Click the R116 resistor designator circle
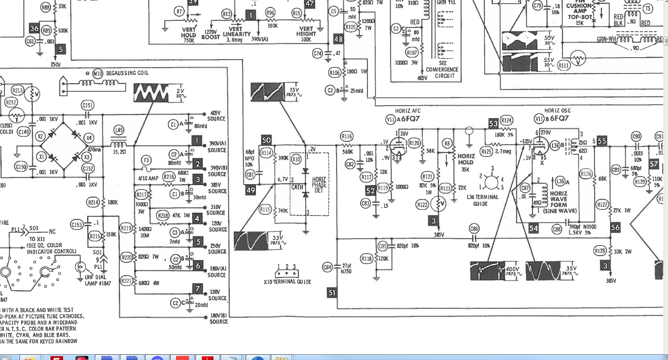tap(347, 136)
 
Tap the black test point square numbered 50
tap(266, 140)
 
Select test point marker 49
tap(251, 190)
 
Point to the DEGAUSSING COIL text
tap(127, 73)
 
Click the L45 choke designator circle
tap(118, 130)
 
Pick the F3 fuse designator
tap(146, 160)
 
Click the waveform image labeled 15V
tap(267, 92)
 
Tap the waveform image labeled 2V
tap(151, 93)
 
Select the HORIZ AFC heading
tap(408, 111)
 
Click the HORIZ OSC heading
tap(557, 110)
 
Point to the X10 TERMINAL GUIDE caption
tap(288, 282)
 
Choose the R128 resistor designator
tap(600, 251)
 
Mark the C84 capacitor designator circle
tap(327, 267)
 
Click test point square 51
tap(332, 293)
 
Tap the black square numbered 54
tap(533, 229)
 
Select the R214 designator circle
tap(93, 202)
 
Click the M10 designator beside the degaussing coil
tap(98, 73)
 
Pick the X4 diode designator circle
tap(89, 138)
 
